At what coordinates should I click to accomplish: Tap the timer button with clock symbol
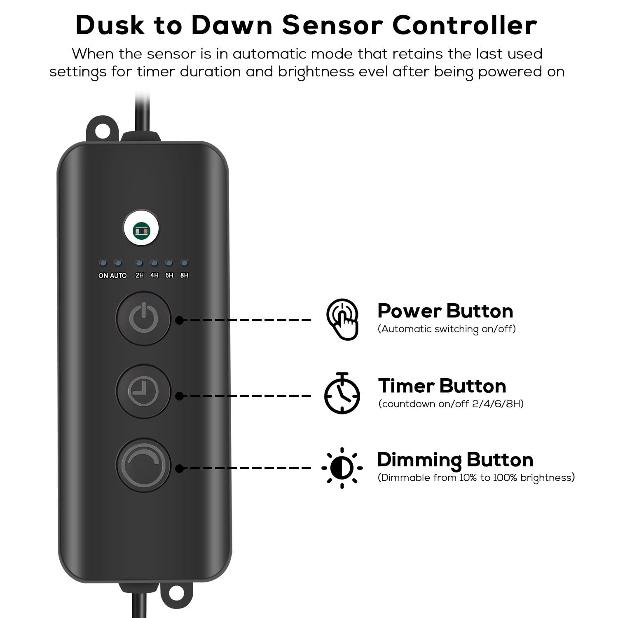coord(143,391)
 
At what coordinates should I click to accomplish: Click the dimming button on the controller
coord(143,465)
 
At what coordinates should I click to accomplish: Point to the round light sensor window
coord(141,230)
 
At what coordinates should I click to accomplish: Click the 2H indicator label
coord(140,275)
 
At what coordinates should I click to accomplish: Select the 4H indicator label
coord(154,275)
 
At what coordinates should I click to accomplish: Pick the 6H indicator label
coord(169,275)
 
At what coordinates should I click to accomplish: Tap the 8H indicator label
coord(184,275)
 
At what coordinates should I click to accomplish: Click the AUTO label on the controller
coord(118,276)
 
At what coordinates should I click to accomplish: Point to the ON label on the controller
coord(103,276)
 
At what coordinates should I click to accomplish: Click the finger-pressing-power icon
coord(342,319)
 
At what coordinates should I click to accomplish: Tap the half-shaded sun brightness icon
coord(342,468)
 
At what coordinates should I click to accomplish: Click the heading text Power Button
coord(445,311)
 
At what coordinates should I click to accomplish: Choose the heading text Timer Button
coord(442,386)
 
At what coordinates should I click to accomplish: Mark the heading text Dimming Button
coord(455,460)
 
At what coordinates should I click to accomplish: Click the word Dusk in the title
coord(110,25)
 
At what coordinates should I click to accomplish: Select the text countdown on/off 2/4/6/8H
coord(451,404)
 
